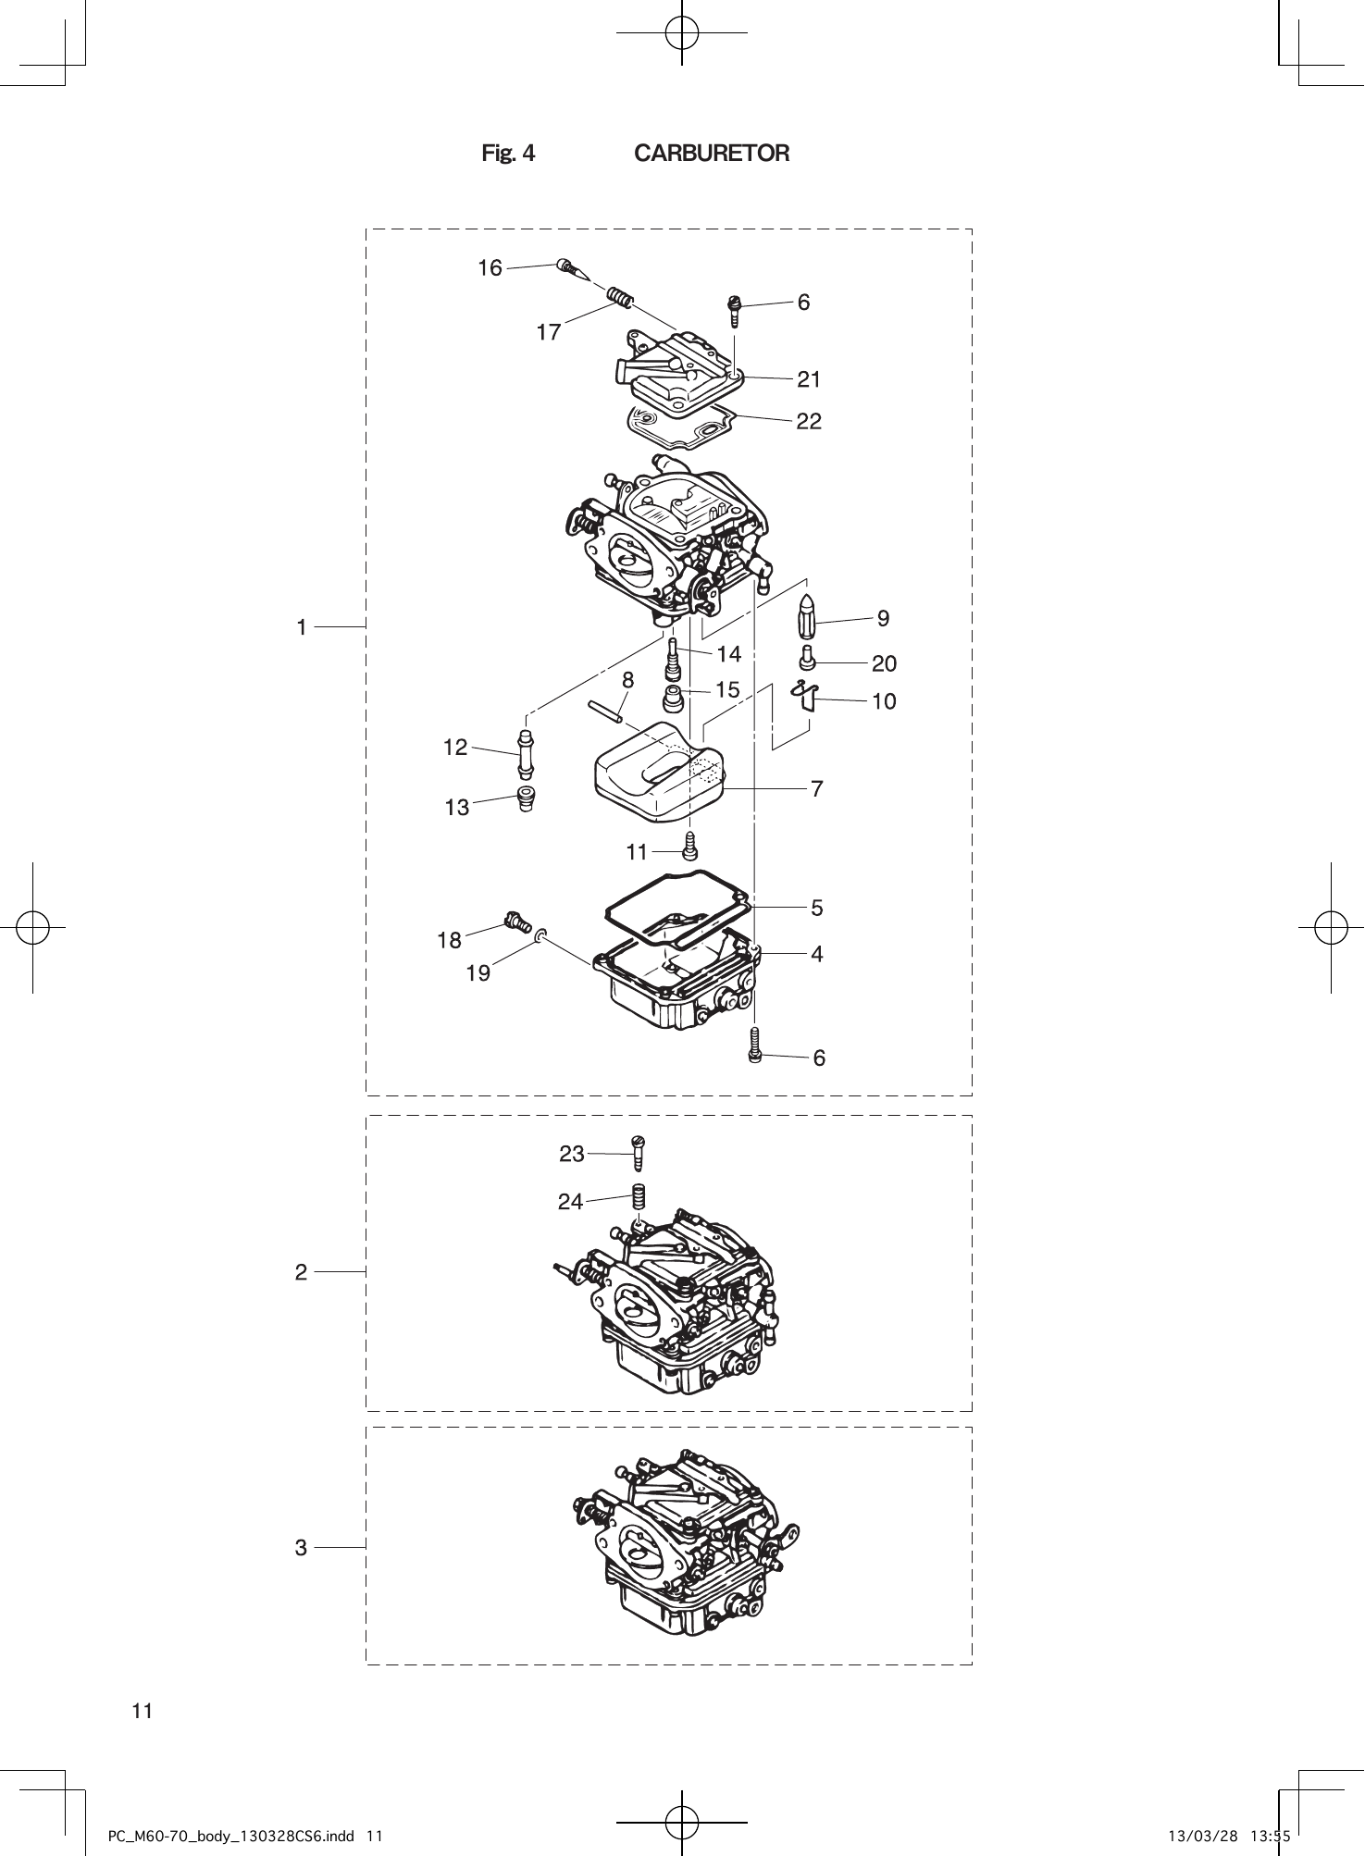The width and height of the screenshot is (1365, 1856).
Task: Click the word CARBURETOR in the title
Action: coord(711,154)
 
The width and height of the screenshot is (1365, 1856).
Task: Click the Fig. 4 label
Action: coord(508,154)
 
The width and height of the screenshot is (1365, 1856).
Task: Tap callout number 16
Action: coord(490,268)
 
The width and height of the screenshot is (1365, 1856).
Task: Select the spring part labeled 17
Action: coord(621,298)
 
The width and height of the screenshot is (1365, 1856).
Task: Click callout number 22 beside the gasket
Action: coord(809,421)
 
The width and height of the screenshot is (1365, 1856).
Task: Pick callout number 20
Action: coord(884,663)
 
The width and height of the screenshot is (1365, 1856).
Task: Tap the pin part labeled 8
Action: coord(609,712)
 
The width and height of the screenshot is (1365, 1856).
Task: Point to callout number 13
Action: coord(457,808)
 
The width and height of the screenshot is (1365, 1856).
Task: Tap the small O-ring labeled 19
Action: coord(540,939)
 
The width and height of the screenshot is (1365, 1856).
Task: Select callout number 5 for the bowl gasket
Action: coord(816,908)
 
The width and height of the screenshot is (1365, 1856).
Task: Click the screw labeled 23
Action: coord(638,1153)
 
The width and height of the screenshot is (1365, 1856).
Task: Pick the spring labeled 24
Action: coord(638,1196)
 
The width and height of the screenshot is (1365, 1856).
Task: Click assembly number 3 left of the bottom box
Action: coord(301,1547)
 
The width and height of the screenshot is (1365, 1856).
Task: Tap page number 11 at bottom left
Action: coord(142,1711)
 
